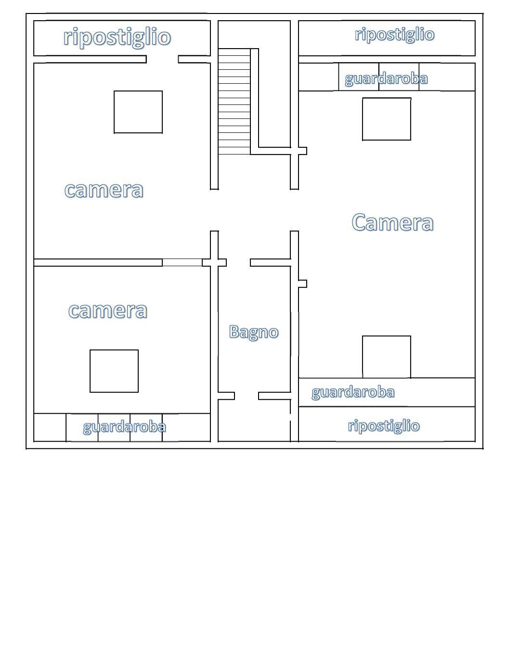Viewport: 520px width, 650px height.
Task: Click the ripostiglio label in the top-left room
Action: (x=117, y=37)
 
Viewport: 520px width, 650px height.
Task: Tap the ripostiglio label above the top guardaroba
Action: (x=394, y=35)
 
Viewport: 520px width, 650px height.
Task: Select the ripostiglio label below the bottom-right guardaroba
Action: (x=384, y=426)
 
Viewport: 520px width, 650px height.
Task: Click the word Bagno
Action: (x=254, y=332)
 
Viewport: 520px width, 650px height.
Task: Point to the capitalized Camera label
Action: (x=392, y=222)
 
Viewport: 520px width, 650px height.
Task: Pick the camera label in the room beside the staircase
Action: (x=104, y=190)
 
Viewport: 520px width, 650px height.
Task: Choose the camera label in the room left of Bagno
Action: (x=108, y=311)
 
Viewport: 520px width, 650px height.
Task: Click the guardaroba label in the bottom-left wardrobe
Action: (x=124, y=427)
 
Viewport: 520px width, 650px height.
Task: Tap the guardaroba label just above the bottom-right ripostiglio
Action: (x=353, y=392)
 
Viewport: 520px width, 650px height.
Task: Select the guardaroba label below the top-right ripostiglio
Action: (x=386, y=78)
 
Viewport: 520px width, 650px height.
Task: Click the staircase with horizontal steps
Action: (x=234, y=102)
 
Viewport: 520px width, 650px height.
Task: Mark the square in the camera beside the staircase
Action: (x=138, y=112)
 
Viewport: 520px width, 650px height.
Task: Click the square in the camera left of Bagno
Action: (x=114, y=371)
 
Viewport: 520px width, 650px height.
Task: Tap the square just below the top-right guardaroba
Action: (x=387, y=119)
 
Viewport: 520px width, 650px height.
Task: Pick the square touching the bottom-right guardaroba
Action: (x=387, y=357)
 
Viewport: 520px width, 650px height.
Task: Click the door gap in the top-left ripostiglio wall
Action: (x=162, y=59)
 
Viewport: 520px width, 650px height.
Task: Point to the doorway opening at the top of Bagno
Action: (x=238, y=262)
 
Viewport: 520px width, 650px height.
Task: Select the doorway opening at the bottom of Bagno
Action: (x=247, y=396)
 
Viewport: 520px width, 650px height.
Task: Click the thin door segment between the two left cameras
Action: (x=182, y=262)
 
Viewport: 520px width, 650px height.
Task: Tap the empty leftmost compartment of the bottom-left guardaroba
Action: (x=50, y=428)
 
